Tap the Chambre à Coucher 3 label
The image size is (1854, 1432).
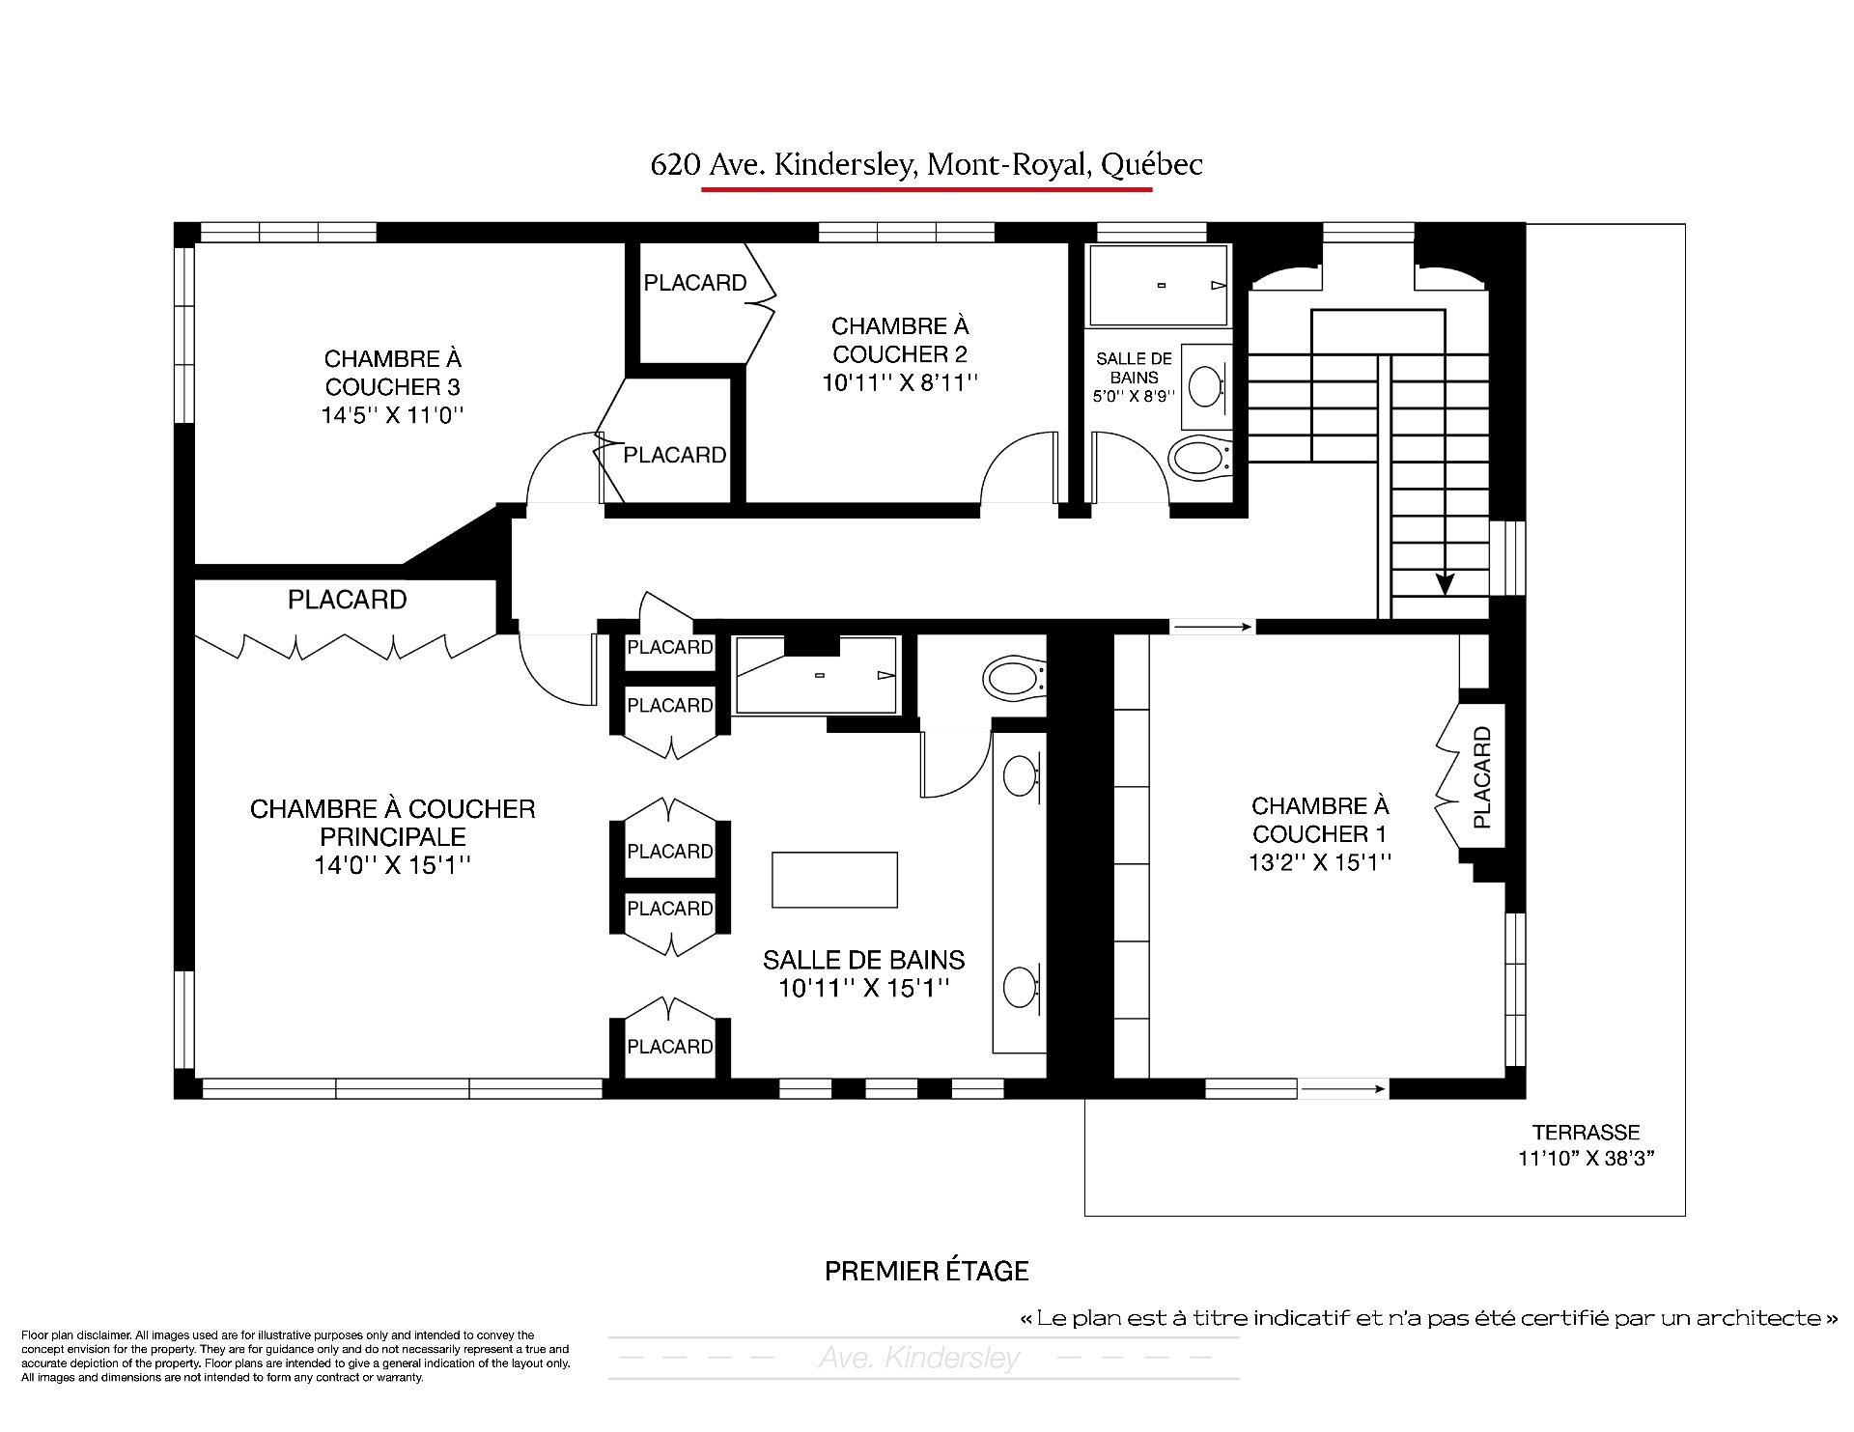point(393,387)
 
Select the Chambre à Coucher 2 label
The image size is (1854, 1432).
point(900,354)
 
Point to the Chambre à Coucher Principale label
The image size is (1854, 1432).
point(392,836)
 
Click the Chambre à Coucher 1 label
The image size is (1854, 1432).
point(1320,833)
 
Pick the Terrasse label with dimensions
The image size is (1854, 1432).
point(1586,1145)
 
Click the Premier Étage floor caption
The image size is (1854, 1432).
point(927,1271)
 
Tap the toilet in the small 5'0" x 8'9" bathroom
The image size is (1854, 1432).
point(1199,458)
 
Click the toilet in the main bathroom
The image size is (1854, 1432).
point(1014,677)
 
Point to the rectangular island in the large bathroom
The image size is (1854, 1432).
point(835,880)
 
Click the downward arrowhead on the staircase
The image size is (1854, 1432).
point(1445,583)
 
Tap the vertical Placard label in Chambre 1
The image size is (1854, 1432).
point(1482,778)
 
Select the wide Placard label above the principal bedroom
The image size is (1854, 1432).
point(348,600)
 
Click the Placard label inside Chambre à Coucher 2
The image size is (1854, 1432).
point(695,283)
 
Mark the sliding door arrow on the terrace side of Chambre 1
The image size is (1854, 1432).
point(1343,1089)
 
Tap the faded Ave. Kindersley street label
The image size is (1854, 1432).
point(919,1359)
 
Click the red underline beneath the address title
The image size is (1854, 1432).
point(927,189)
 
